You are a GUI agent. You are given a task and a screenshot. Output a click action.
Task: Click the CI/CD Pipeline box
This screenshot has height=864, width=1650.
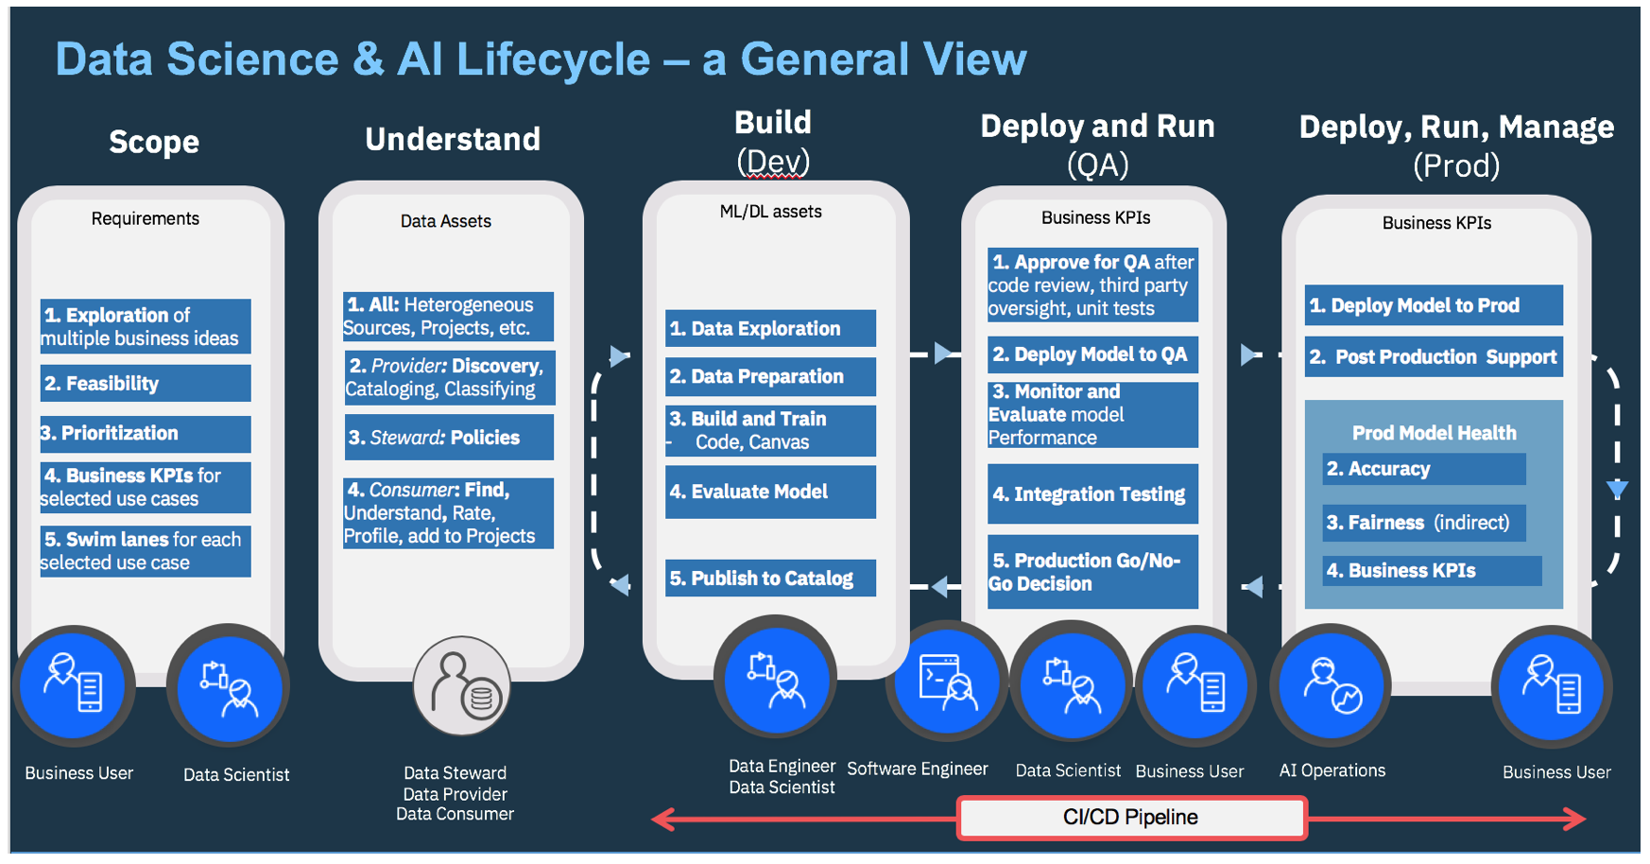click(1131, 818)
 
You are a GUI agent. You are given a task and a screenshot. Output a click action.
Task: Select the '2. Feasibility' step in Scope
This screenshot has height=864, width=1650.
click(145, 384)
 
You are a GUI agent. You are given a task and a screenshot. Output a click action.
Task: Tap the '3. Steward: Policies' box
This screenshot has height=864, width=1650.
click(449, 438)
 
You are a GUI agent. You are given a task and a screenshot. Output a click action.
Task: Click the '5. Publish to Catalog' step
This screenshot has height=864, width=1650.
click(770, 579)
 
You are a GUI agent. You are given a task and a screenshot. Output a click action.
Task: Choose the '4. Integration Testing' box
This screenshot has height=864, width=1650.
click(1092, 494)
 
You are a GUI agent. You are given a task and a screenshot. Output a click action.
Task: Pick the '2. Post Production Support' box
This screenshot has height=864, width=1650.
click(1434, 357)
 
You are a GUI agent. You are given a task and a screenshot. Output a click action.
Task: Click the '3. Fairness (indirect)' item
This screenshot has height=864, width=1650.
click(1423, 523)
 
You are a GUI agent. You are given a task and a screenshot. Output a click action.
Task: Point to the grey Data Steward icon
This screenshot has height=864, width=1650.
click(462, 687)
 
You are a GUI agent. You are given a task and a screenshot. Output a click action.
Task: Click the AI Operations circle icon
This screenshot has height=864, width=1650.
click(1332, 687)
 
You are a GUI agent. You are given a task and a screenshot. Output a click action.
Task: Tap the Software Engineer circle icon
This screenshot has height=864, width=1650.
click(946, 683)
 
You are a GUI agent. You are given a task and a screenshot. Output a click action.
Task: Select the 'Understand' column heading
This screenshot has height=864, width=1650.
click(453, 140)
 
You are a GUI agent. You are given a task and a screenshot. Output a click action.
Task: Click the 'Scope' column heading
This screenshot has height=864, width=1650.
click(154, 142)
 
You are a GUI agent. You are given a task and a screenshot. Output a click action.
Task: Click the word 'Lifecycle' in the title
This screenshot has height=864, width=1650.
click(553, 60)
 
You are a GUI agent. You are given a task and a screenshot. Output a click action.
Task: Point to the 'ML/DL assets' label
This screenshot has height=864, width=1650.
click(770, 212)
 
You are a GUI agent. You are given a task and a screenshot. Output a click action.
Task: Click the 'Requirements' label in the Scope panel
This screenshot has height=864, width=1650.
click(145, 218)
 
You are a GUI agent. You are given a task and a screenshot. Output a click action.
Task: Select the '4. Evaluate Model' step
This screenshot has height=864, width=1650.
click(770, 492)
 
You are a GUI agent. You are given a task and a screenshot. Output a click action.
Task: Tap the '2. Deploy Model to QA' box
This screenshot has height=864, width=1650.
click(1092, 354)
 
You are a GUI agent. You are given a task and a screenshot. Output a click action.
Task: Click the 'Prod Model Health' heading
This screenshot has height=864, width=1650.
click(1434, 433)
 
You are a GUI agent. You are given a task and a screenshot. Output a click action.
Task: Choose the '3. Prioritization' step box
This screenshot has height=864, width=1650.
click(145, 434)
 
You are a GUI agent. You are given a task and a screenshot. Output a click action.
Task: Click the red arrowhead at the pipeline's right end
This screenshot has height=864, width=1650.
click(1576, 819)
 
